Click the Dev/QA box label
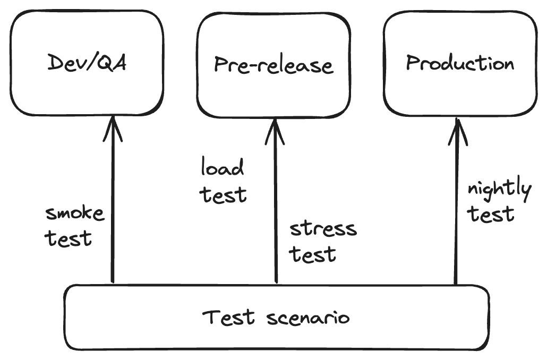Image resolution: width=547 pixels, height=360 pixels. [87, 63]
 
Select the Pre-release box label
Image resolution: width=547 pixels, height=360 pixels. [273, 65]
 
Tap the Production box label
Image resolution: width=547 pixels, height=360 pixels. [460, 63]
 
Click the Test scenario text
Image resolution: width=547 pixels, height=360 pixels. [276, 318]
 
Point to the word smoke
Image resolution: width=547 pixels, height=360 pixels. [75, 214]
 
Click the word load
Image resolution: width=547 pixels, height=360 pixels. [223, 168]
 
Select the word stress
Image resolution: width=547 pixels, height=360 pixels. [323, 229]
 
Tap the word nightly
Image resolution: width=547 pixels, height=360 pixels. [499, 190]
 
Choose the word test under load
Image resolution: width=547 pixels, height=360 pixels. [224, 194]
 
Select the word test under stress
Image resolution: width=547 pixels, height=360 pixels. [313, 254]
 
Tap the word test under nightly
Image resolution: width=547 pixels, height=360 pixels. [491, 214]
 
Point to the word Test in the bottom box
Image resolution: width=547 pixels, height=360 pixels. [224, 318]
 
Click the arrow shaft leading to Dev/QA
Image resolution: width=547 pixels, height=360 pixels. [113, 212]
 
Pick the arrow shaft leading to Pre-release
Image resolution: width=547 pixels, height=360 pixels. [275, 212]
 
